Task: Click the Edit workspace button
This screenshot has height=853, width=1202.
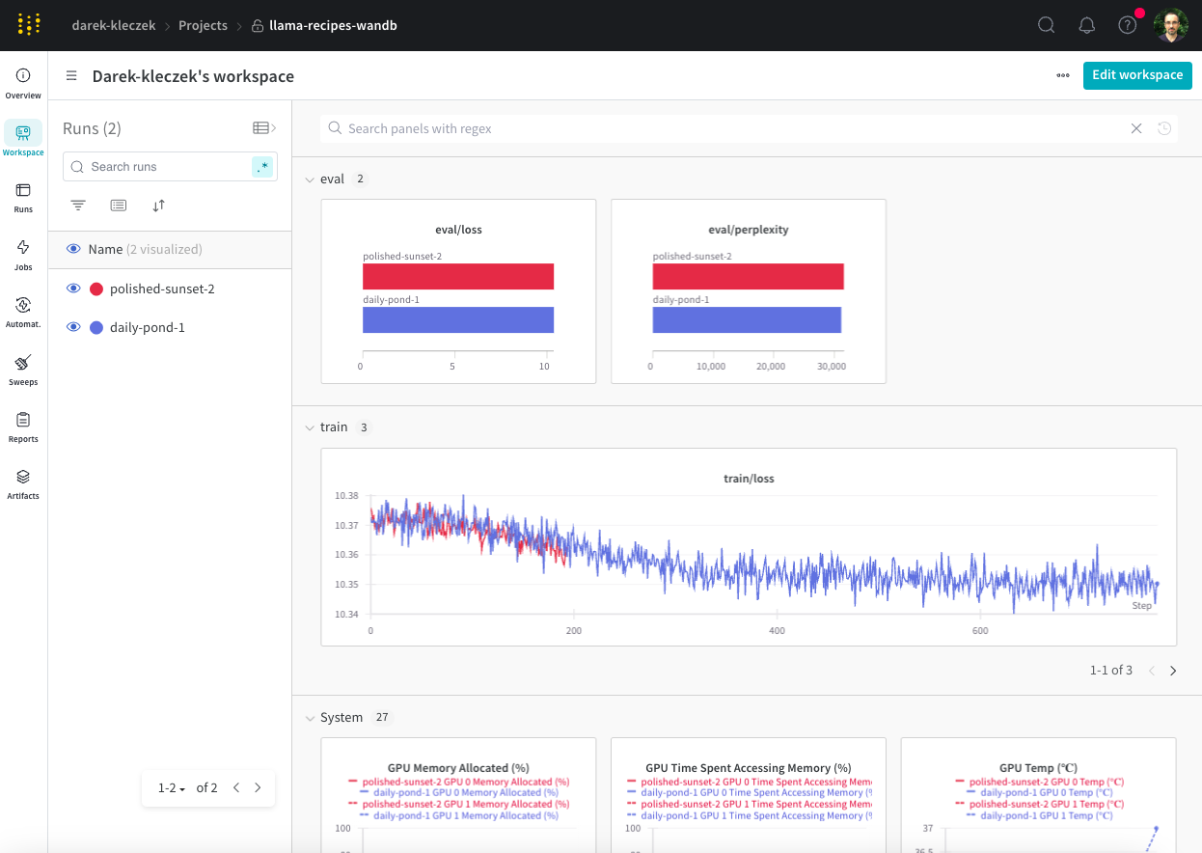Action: point(1136,75)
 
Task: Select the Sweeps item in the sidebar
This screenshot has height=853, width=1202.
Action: point(23,369)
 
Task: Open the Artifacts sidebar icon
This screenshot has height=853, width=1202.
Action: point(23,482)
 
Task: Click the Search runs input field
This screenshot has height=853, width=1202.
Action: point(164,167)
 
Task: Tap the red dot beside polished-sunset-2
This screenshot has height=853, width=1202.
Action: point(96,289)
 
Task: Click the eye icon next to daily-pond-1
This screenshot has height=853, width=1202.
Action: point(72,327)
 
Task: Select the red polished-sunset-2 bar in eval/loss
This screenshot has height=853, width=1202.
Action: point(457,276)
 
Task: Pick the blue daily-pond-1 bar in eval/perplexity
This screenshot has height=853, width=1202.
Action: point(747,319)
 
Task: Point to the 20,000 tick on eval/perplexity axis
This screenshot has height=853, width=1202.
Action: point(771,367)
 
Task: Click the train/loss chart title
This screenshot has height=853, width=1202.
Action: point(749,479)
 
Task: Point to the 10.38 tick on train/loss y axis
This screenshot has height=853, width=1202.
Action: point(346,496)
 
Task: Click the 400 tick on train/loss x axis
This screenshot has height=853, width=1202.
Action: point(777,630)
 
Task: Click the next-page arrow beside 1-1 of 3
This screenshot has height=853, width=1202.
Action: point(1173,671)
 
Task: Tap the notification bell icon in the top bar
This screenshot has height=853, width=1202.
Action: point(1086,25)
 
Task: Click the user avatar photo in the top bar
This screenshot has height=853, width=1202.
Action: point(1170,25)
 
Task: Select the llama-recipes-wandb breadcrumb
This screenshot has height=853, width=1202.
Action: point(332,26)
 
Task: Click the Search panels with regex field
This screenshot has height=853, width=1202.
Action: point(733,128)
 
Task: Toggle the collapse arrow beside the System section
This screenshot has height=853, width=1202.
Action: point(310,718)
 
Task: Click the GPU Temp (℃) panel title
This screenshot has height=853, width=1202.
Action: point(1038,768)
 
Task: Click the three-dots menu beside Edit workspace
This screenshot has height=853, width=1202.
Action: point(1063,75)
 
